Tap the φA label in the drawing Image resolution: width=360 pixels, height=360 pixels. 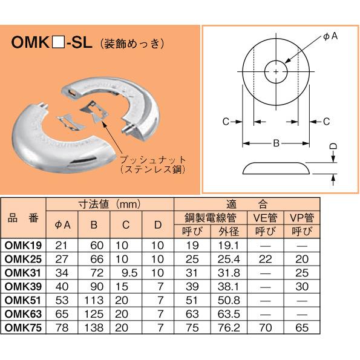point(330,37)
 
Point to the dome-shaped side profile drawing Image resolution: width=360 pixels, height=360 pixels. point(275,168)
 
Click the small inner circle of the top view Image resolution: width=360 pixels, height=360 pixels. point(277,72)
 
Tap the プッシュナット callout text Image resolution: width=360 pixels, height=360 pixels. point(152,161)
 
